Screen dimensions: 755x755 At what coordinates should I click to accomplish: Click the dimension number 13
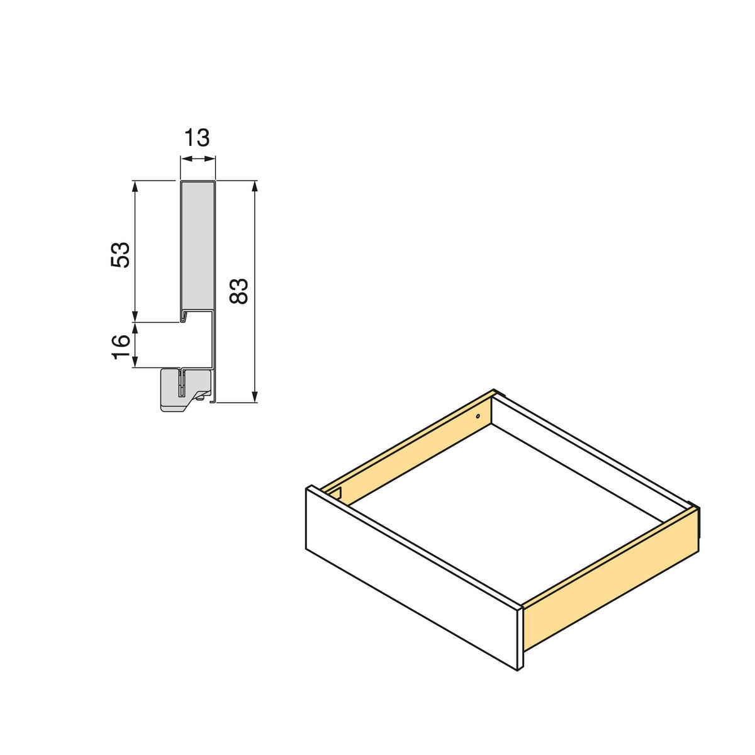pos(197,137)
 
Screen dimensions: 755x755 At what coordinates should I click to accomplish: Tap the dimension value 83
pos(239,291)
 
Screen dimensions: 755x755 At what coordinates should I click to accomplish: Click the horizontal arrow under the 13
pos(198,160)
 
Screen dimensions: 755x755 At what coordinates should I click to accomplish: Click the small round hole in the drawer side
pos(478,417)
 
